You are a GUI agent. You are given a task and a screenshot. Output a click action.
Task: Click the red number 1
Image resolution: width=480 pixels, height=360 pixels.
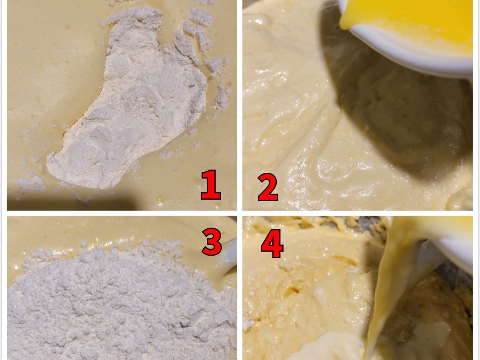tap(210, 185)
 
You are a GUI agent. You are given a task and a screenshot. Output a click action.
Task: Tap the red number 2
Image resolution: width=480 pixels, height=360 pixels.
tap(268, 188)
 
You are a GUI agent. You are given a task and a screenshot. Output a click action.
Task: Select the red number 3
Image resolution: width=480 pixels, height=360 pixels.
tap(211, 242)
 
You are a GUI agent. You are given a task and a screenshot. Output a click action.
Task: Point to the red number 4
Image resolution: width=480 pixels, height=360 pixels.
tap(272, 244)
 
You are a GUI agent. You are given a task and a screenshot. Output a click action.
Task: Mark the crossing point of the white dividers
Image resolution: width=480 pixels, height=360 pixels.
tap(240, 213)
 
